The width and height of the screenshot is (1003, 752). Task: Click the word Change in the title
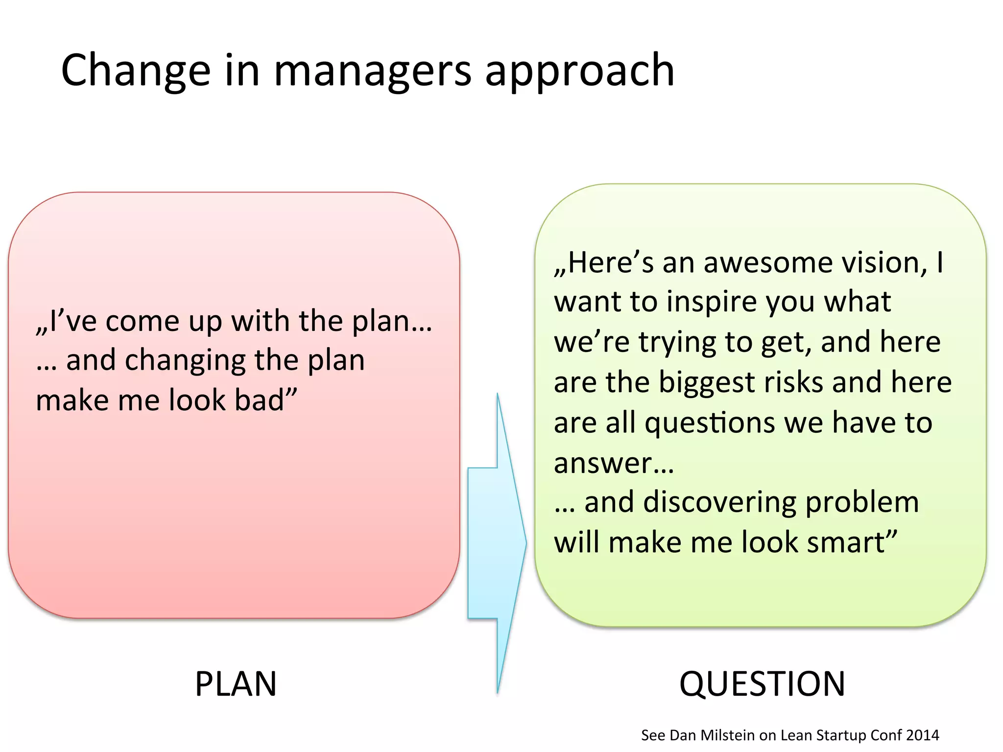click(x=136, y=71)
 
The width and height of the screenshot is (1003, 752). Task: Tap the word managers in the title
click(x=372, y=71)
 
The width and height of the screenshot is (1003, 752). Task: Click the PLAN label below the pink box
click(x=236, y=684)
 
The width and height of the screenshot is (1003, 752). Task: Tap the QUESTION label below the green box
click(x=762, y=684)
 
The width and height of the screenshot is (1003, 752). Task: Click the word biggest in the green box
click(x=707, y=382)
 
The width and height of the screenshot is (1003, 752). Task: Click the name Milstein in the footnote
click(x=727, y=735)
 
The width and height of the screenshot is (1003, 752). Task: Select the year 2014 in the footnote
click(x=923, y=735)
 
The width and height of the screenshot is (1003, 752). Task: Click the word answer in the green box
click(x=603, y=464)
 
